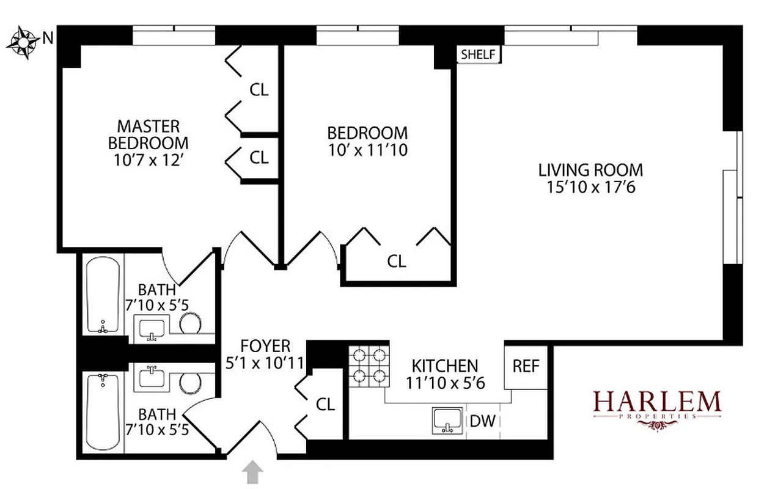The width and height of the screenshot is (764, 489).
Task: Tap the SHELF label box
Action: coord(478,54)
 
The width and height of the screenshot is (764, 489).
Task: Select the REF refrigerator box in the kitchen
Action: coord(526,366)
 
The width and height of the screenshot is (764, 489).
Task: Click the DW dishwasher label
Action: coord(483,421)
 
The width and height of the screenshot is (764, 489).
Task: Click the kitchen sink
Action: coord(448,421)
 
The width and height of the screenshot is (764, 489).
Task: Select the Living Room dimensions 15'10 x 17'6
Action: coord(590,187)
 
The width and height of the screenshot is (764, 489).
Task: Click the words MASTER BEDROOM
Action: coord(149,135)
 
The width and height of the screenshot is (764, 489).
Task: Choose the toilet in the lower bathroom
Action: coord(191,383)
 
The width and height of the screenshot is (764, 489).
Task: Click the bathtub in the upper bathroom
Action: coord(101,295)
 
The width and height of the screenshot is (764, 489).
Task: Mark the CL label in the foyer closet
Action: coord(326,405)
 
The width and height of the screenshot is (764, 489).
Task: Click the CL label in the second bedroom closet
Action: coord(397,261)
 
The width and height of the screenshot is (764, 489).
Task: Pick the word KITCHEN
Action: coord(444,366)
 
